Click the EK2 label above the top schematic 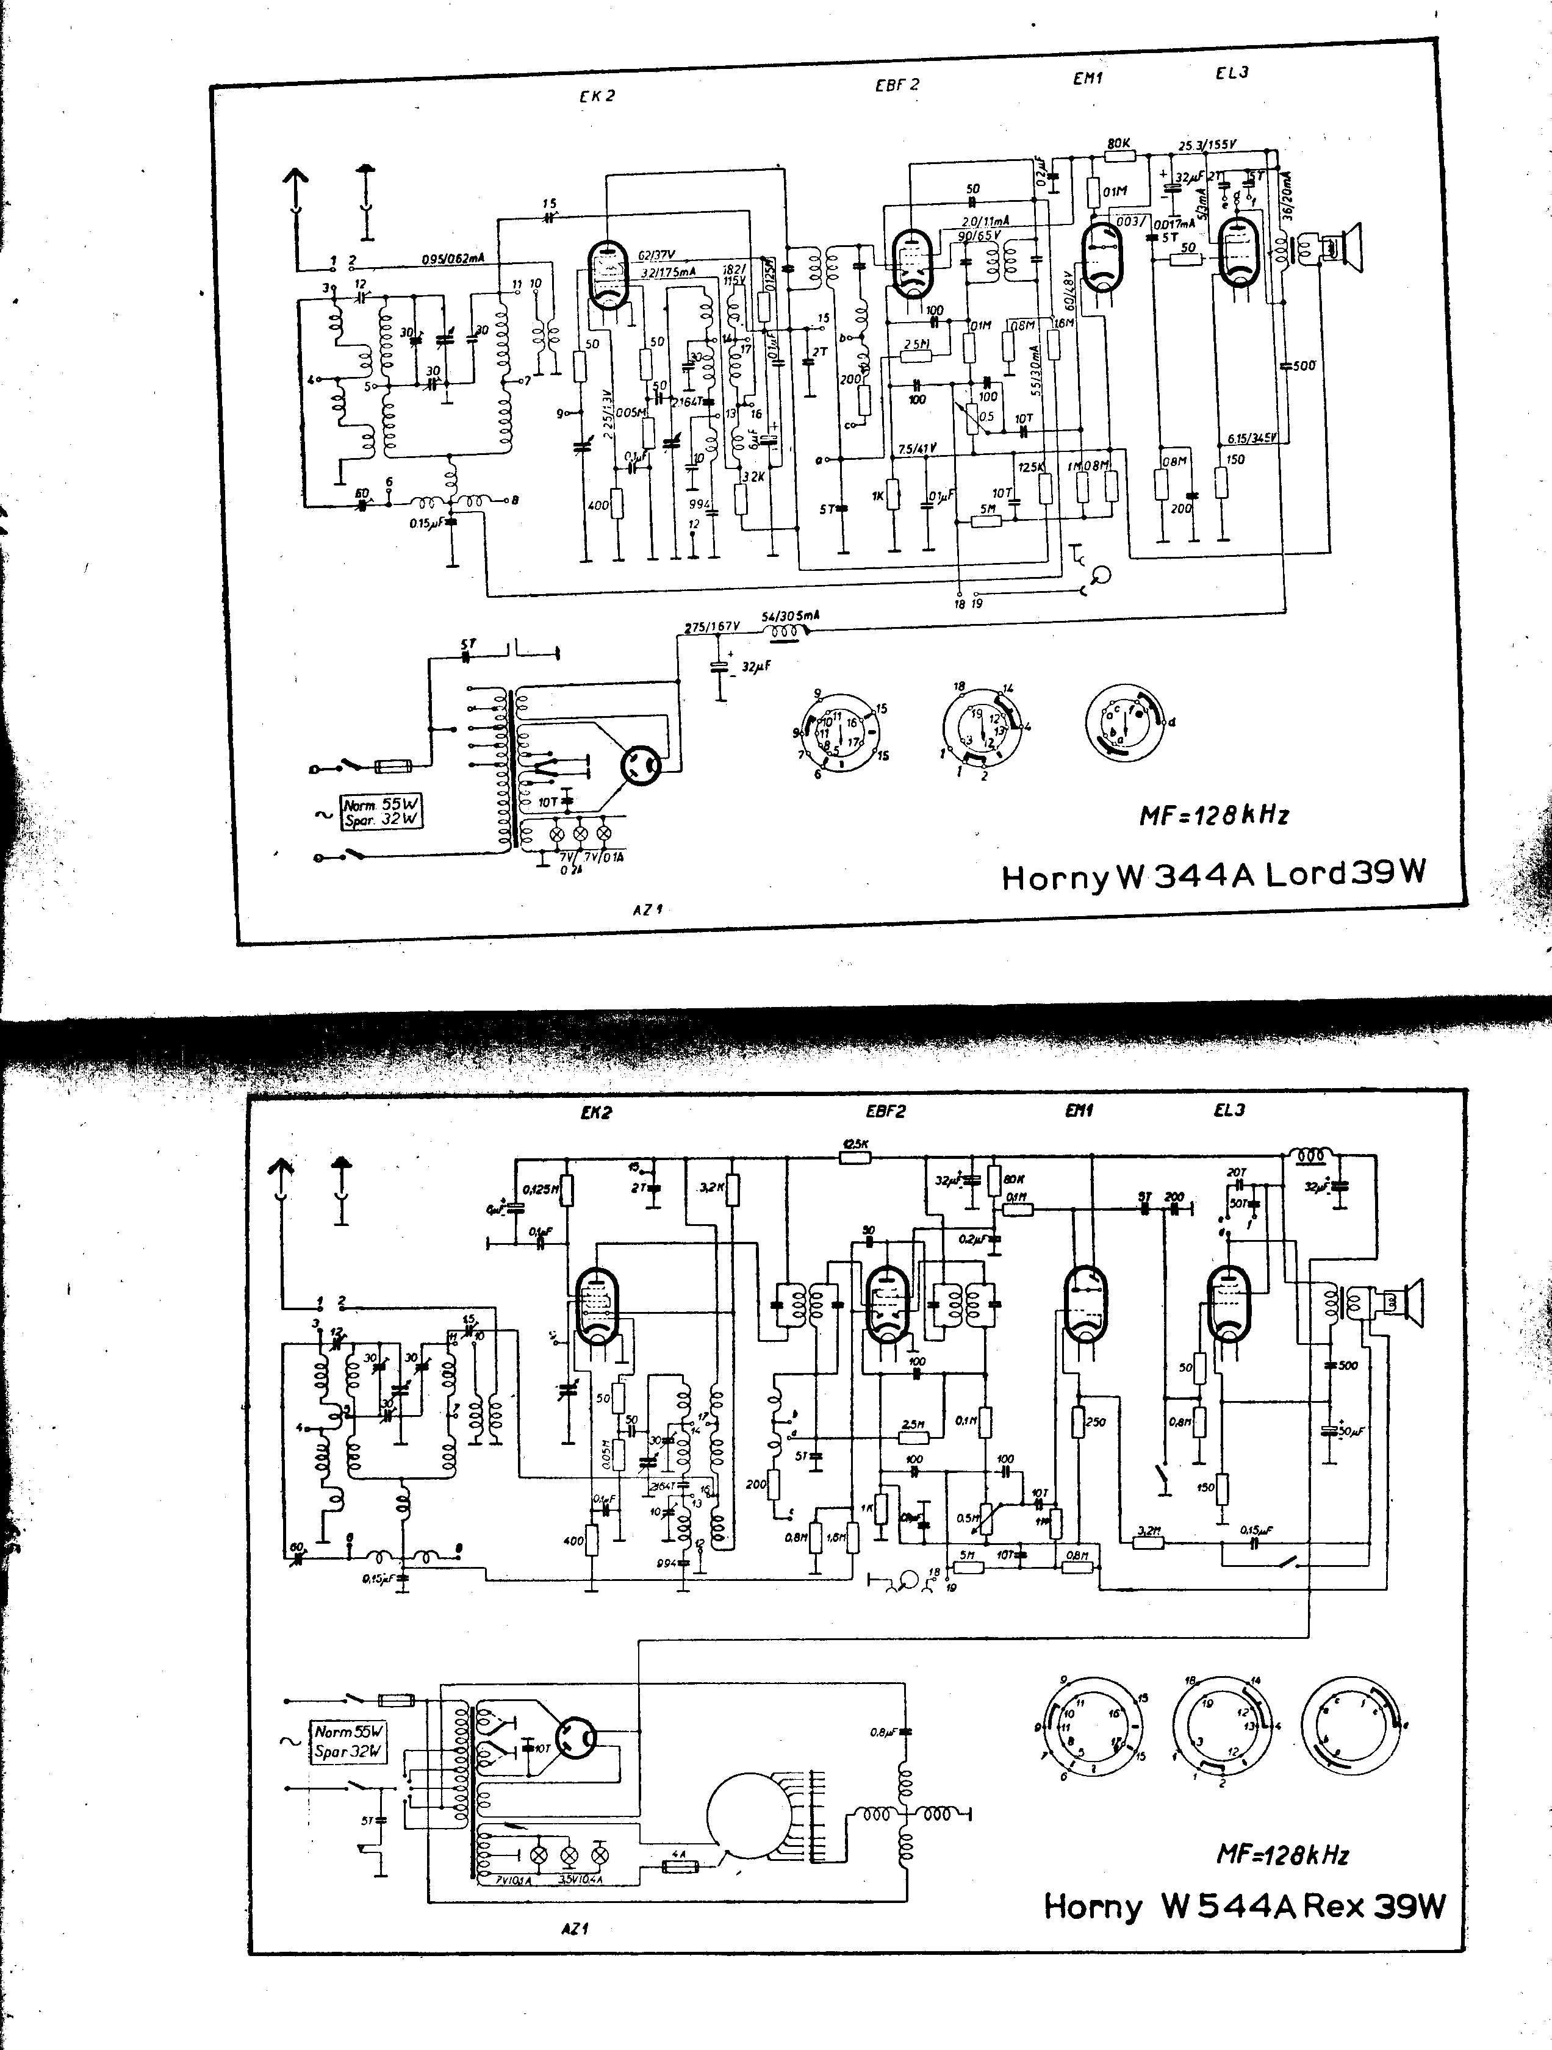[x=597, y=96]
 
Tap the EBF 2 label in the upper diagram [x=897, y=84]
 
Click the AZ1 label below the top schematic [x=648, y=909]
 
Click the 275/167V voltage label [x=712, y=626]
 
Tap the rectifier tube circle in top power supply [x=641, y=765]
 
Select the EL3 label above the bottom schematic [x=1229, y=1110]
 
